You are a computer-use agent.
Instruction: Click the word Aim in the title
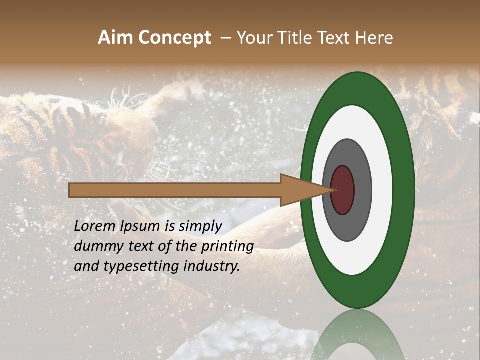point(116,38)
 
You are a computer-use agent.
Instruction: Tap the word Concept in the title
point(174,38)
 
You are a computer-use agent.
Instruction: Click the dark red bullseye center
point(342,190)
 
